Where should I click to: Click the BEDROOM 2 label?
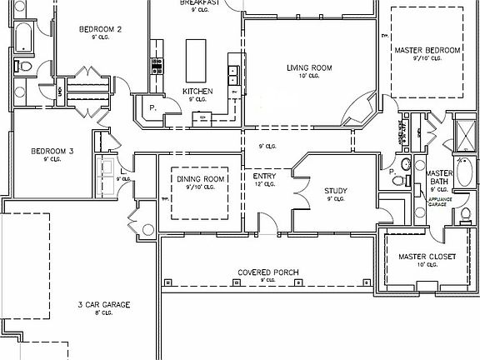[x=101, y=30]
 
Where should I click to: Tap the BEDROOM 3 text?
[x=53, y=151]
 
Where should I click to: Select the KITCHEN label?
[x=198, y=91]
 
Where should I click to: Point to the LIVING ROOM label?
[x=310, y=68]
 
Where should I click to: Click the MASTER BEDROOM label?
[x=427, y=50]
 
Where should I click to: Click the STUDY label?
[x=336, y=191]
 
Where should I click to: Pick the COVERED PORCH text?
[x=267, y=272]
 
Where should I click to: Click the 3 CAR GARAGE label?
[x=104, y=305]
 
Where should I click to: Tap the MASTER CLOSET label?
[x=427, y=257]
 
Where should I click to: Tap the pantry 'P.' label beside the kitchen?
[x=153, y=107]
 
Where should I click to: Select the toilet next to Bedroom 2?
[x=25, y=66]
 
